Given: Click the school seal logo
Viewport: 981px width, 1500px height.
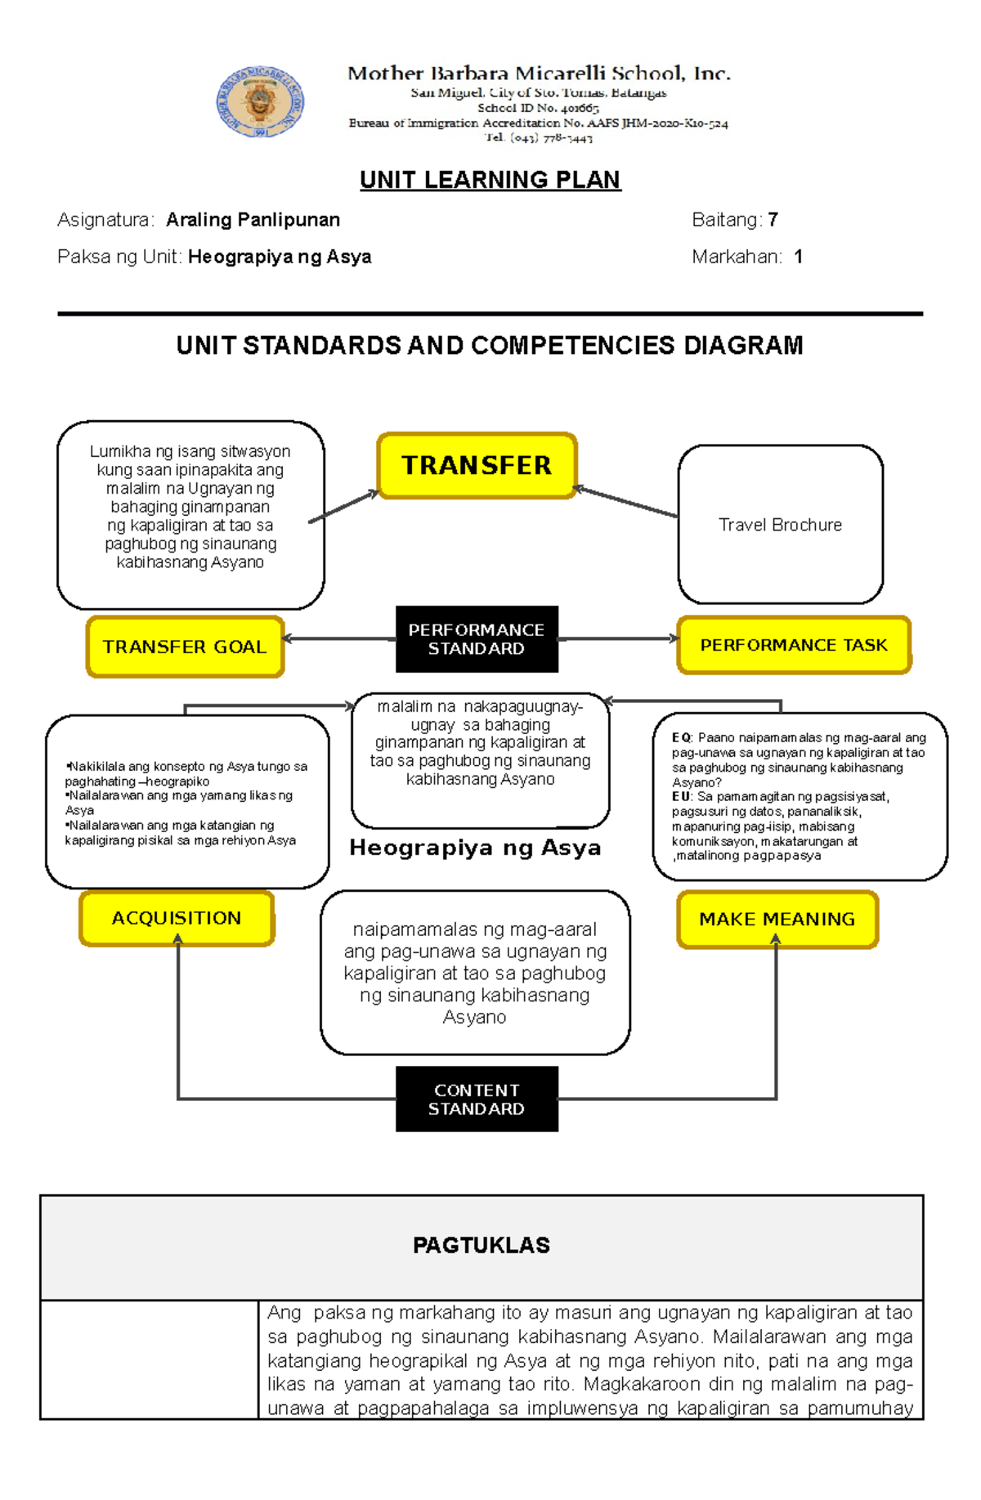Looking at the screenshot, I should pos(260,102).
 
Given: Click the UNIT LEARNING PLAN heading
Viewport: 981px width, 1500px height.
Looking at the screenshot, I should pos(490,180).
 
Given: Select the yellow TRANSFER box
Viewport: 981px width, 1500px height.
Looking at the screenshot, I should pos(477,465).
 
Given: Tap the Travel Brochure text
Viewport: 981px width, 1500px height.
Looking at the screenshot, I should pos(780,525).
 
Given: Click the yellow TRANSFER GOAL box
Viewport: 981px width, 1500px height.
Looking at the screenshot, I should pos(185,647).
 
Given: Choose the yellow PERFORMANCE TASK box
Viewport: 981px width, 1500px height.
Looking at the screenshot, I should pos(793,645).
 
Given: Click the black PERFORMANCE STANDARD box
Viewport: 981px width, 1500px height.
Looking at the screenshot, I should pos(477,639).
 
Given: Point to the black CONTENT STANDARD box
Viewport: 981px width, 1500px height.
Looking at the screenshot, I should pos(477,1099).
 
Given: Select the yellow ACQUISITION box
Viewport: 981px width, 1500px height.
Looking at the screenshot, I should pos(177,918).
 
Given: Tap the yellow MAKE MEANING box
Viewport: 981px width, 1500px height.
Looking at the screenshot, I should pos(777,919).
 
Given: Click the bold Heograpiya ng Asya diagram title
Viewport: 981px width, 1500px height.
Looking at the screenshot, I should pos(475,848).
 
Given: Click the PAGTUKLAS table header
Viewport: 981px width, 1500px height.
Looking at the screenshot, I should pos(481,1245).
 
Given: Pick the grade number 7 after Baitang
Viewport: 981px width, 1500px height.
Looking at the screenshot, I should pos(773,220).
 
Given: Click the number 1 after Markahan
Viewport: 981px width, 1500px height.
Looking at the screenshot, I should pos(798,257).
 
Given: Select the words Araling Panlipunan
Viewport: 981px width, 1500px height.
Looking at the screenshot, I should pos(253,220).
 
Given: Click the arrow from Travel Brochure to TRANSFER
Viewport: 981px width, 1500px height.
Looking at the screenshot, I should pos(625,502).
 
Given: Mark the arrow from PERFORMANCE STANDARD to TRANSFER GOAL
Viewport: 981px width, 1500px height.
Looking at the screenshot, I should pos(339,639).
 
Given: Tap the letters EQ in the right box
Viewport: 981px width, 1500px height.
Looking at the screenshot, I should pos(681,737).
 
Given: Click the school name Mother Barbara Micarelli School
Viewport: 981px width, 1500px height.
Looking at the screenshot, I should pos(539,74).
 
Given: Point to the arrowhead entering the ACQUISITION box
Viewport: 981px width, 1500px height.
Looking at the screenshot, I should pos(177,939).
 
